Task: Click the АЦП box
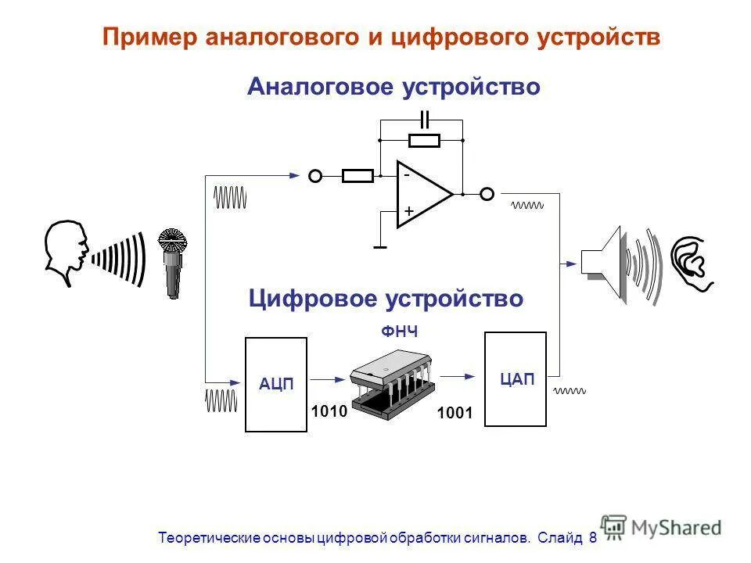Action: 276,384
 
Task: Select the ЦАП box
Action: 516,379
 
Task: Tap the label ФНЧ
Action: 399,332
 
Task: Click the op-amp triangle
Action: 421,194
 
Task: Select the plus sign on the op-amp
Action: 408,212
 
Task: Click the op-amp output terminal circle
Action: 487,193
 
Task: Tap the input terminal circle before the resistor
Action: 315,176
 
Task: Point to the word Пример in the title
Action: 149,38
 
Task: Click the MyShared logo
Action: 661,528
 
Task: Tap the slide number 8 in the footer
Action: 592,538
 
